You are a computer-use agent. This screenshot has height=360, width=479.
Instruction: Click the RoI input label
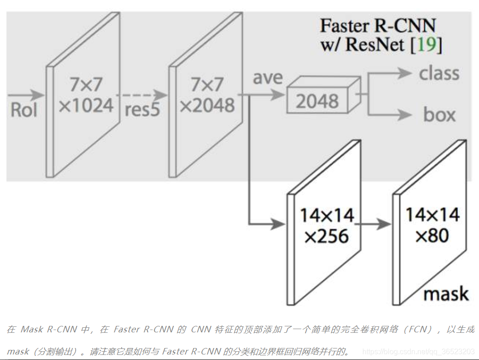point(24,111)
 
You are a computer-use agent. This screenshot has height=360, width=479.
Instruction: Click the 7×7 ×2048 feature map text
point(207,95)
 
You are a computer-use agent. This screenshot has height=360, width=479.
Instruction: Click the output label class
point(439,73)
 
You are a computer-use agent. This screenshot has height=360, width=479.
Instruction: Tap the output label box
point(439,115)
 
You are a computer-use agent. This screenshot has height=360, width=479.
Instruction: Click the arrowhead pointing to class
point(405,73)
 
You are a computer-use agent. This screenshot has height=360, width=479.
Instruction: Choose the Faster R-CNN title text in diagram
point(378,25)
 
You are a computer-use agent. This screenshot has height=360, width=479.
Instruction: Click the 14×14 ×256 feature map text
point(327,226)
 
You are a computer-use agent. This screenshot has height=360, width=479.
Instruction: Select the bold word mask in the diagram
point(445,294)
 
